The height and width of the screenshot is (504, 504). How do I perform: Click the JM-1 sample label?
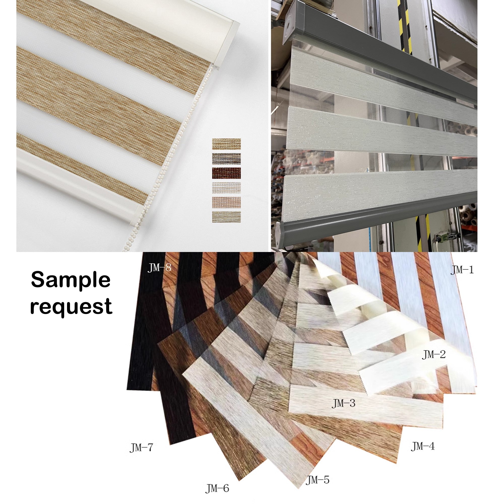pyautogui.click(x=462, y=270)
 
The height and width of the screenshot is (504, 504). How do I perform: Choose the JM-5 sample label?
pyautogui.click(x=318, y=480)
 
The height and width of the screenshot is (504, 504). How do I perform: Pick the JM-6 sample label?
pyautogui.click(x=217, y=488)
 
